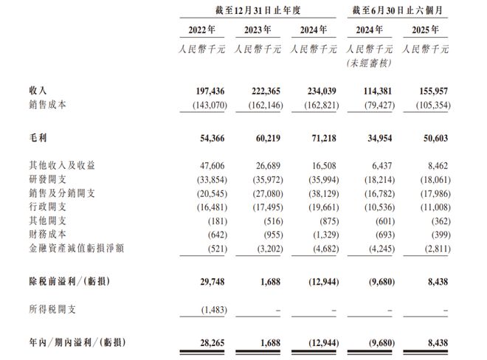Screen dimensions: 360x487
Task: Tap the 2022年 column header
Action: tap(201, 32)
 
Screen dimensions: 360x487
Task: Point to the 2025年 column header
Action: tap(426, 32)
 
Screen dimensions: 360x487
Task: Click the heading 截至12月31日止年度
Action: tap(257, 10)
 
